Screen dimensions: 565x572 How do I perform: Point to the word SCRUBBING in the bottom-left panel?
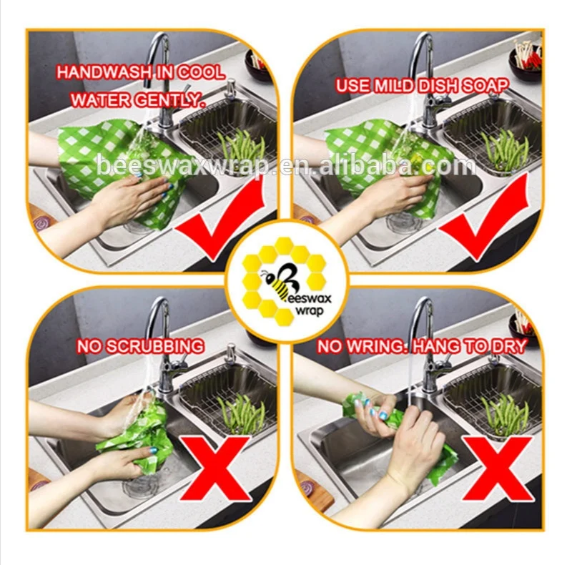click(x=152, y=348)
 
